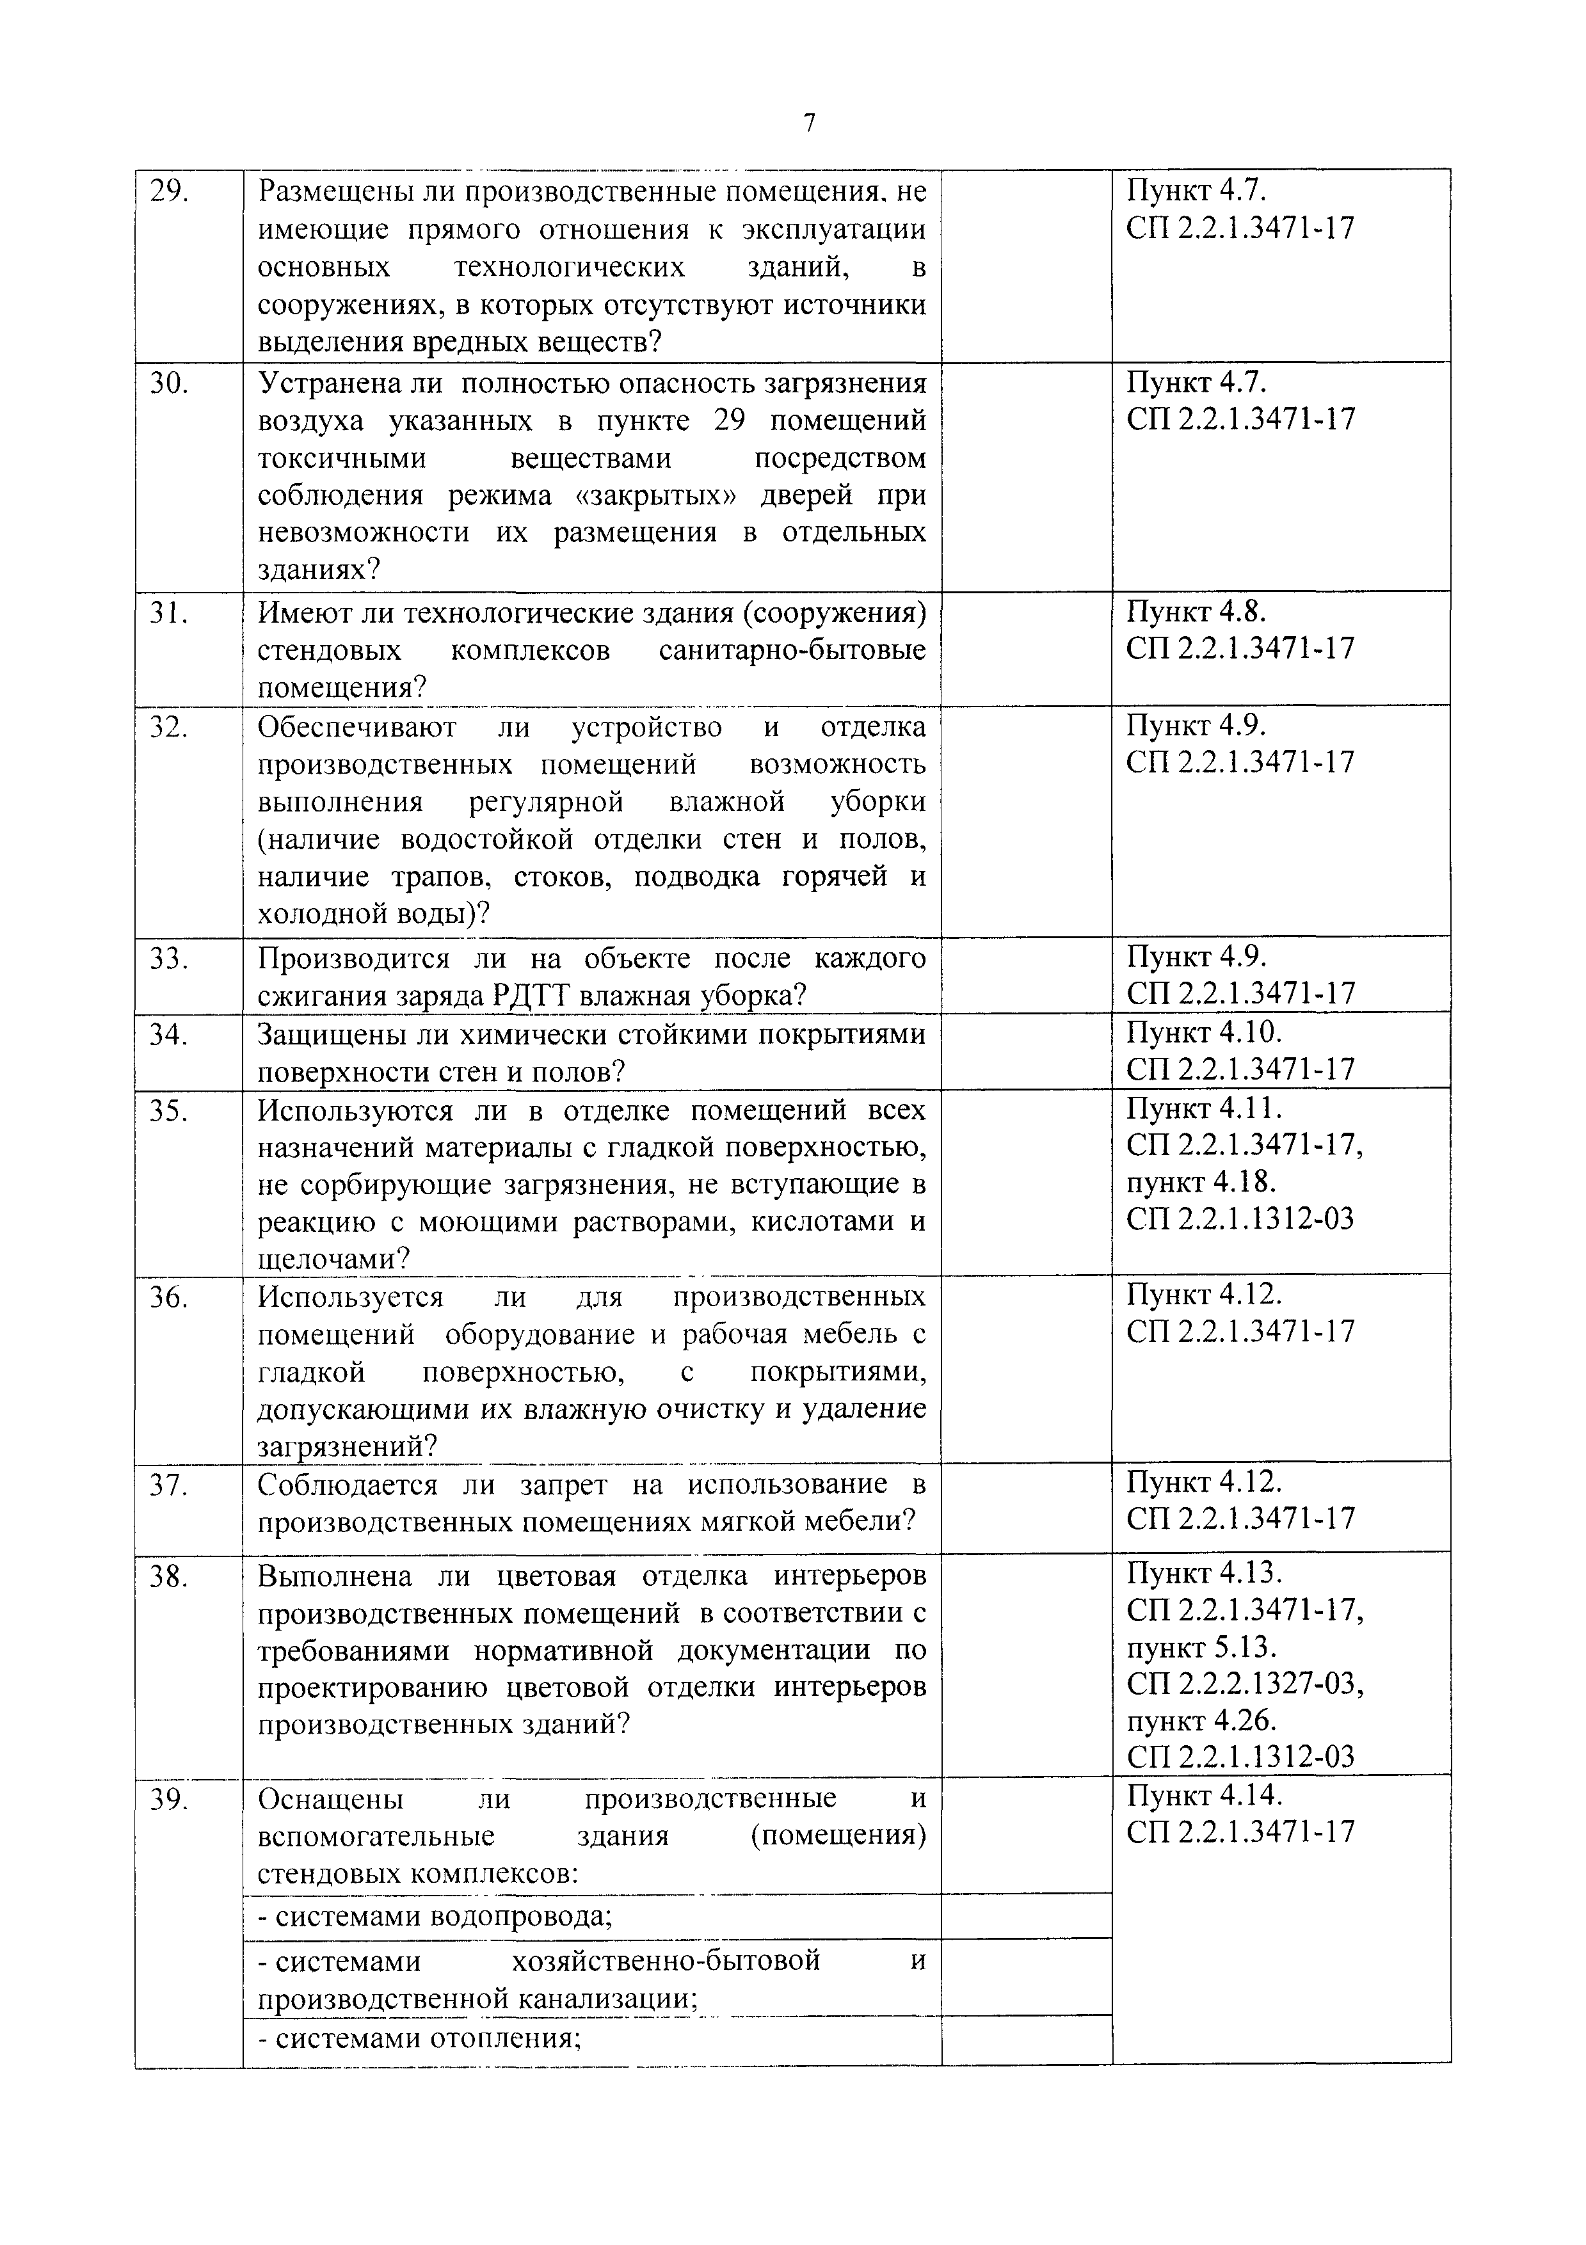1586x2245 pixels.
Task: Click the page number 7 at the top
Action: pos(808,124)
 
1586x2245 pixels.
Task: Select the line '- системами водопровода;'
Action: pos(435,1917)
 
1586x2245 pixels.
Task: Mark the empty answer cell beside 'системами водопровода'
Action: pos(1026,1917)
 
